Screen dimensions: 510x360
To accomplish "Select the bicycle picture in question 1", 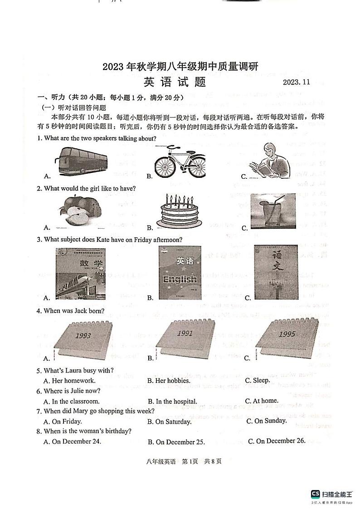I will pyautogui.click(x=179, y=162).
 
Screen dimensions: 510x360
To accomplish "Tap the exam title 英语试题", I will pyautogui.click(x=175, y=82).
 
